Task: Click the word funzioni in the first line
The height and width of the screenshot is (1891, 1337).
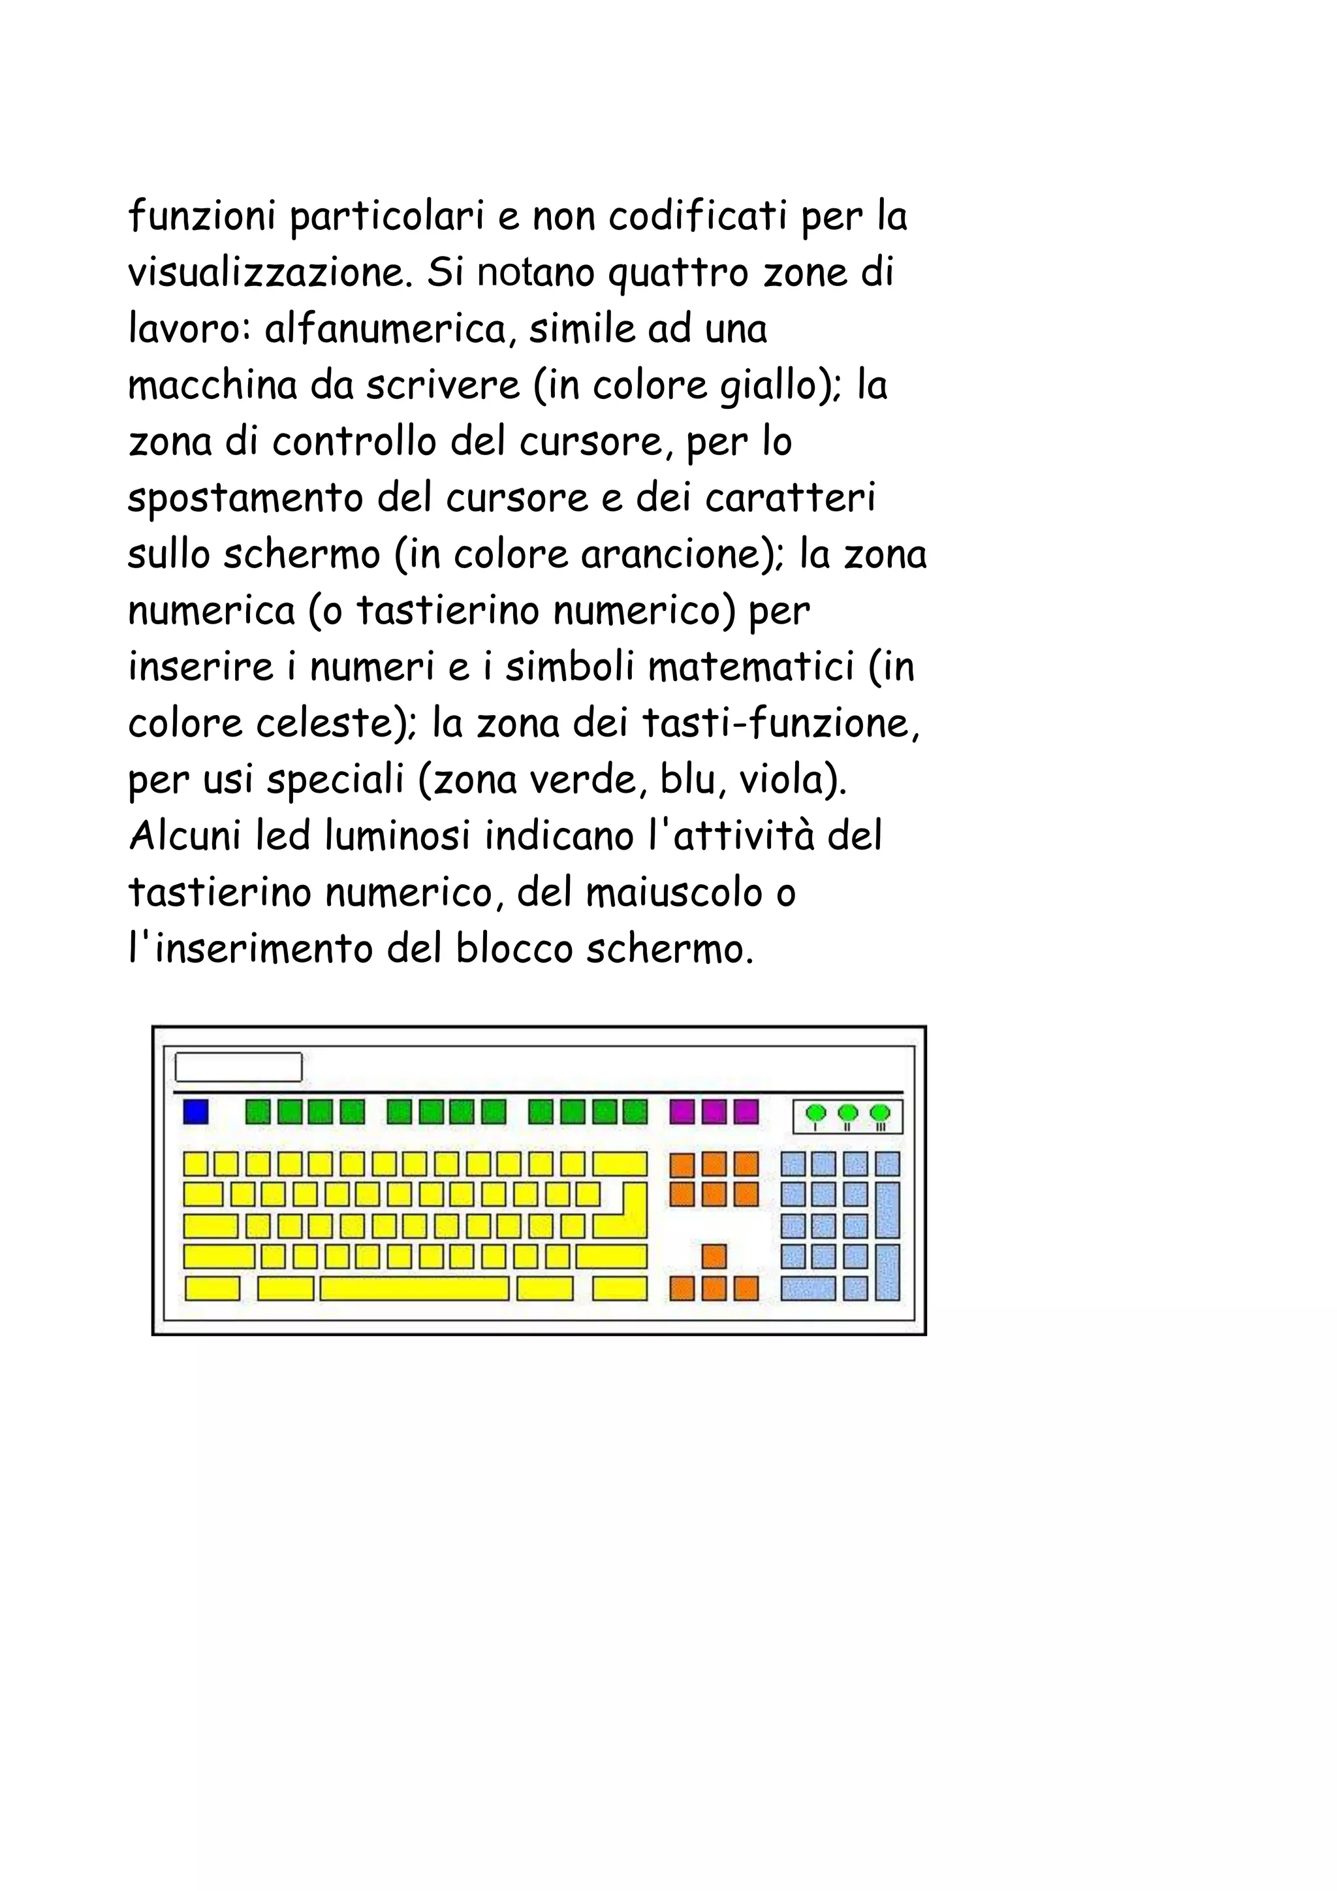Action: (x=201, y=217)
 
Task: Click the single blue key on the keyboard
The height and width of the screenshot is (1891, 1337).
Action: (x=196, y=1112)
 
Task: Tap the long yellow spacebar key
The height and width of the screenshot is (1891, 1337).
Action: (x=414, y=1288)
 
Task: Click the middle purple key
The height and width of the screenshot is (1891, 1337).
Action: (x=714, y=1112)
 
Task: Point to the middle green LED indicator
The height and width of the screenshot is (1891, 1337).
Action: (x=848, y=1113)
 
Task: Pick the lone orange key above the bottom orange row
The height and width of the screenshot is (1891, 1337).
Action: (x=714, y=1257)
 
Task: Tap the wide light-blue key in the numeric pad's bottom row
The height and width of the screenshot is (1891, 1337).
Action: (x=808, y=1288)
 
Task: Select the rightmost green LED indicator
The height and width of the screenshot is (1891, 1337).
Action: (x=880, y=1113)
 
